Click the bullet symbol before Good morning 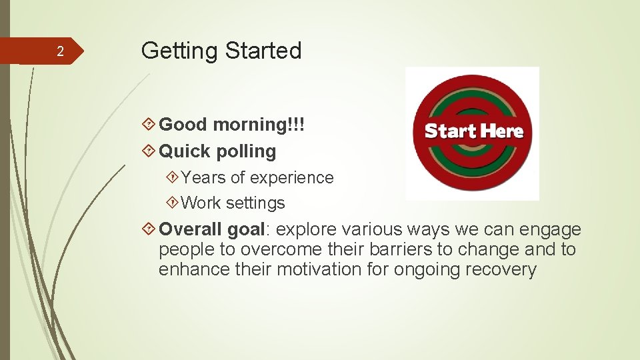click(150, 125)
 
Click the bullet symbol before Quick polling click(150, 151)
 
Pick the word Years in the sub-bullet click(203, 178)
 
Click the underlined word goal click(246, 230)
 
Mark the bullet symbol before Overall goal click(150, 229)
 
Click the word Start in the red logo click(447, 131)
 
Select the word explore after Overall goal click(306, 230)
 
